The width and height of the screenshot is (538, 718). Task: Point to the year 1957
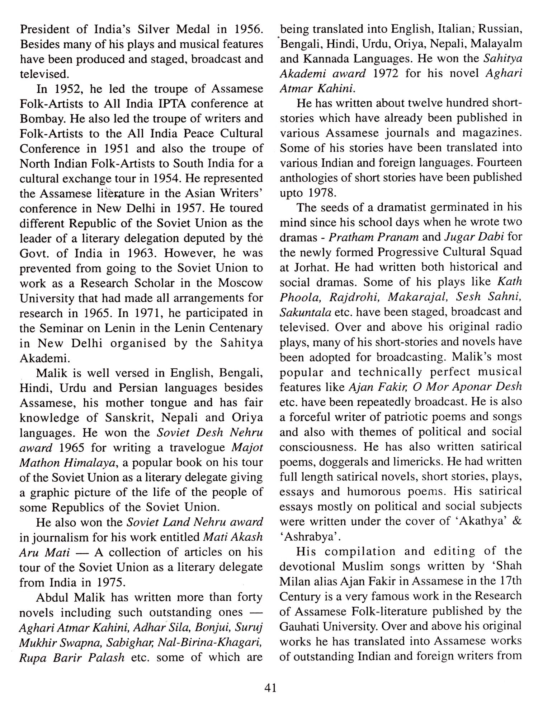[x=189, y=208]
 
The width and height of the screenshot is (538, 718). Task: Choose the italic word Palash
[x=107, y=657]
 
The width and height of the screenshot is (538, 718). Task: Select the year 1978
[x=322, y=193]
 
